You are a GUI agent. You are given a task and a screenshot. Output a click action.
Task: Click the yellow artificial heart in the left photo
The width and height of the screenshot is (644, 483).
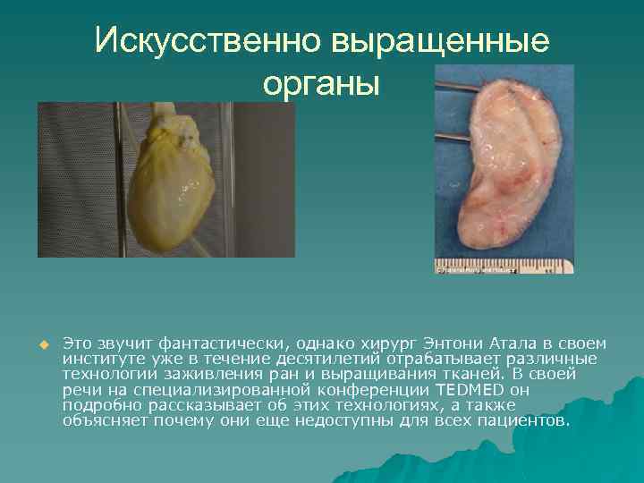[174, 183]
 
